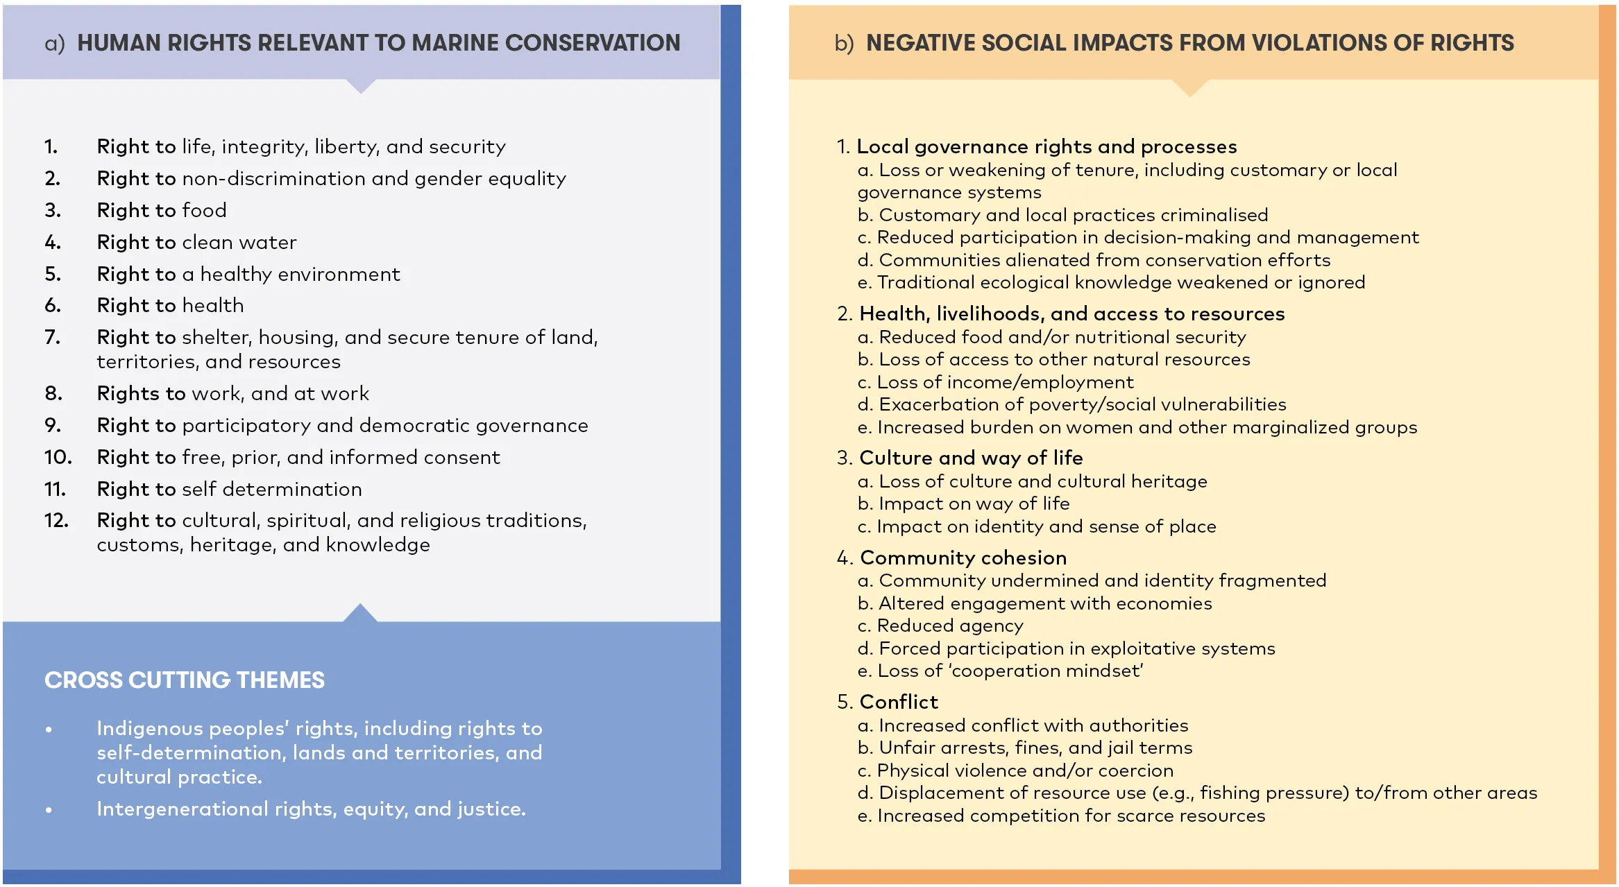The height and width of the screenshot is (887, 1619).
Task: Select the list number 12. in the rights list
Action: (x=56, y=520)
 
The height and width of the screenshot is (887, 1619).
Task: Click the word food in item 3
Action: (x=204, y=210)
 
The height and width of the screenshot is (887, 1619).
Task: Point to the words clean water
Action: (x=239, y=242)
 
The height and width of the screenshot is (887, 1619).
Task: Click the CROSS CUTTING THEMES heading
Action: (x=184, y=680)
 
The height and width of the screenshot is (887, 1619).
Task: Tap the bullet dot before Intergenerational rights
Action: (x=49, y=809)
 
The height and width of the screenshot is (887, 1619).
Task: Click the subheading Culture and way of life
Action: (x=970, y=458)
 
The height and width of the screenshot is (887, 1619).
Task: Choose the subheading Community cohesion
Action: (x=963, y=558)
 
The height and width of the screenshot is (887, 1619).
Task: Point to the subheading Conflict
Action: (x=898, y=702)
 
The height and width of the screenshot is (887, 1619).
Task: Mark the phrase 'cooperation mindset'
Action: (x=1044, y=671)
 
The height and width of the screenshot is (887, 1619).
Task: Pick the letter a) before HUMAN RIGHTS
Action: (x=54, y=44)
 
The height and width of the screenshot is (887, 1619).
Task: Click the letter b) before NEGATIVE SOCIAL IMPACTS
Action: (x=844, y=44)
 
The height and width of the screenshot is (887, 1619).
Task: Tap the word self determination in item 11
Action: (x=271, y=489)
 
